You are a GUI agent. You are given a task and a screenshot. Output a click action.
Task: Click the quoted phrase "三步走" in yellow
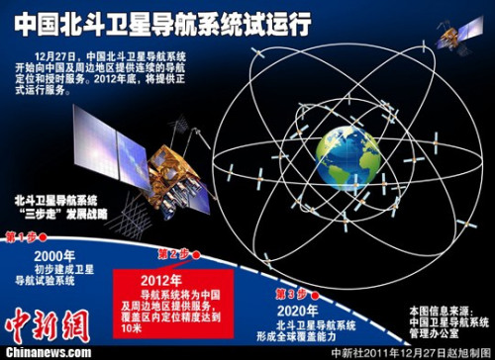39,213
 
